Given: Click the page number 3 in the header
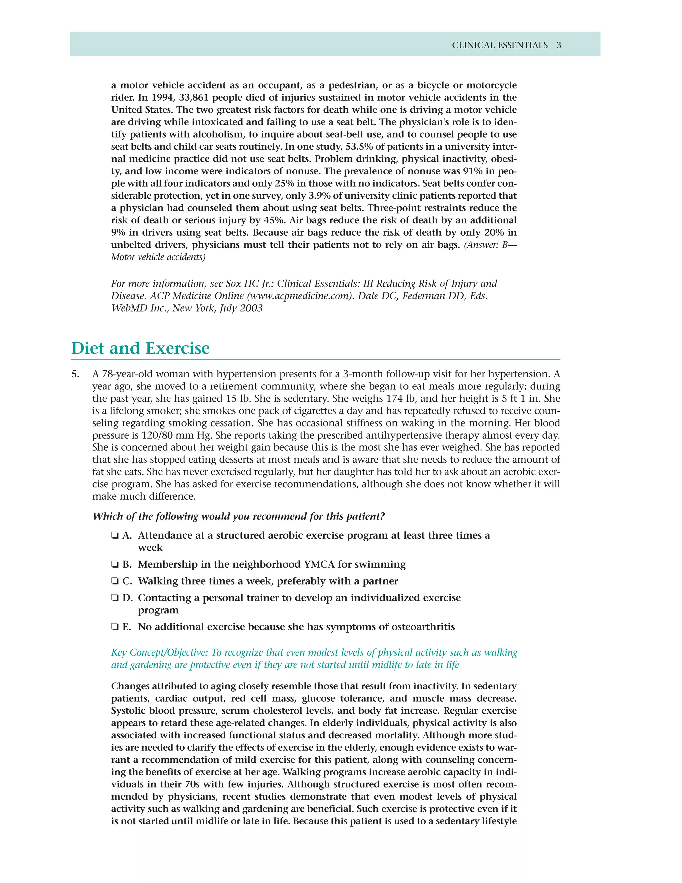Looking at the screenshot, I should [559, 45].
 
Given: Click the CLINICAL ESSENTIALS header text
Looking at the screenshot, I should [500, 45].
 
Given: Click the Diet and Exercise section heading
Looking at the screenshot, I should [141, 348].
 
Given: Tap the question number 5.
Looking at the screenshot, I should [75, 374].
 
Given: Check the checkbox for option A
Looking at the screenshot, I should [115, 536].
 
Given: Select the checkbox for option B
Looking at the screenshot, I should [115, 565].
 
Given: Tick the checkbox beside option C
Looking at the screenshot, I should [115, 581].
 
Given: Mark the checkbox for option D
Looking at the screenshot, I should [115, 598].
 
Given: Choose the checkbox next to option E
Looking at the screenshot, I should [115, 627].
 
